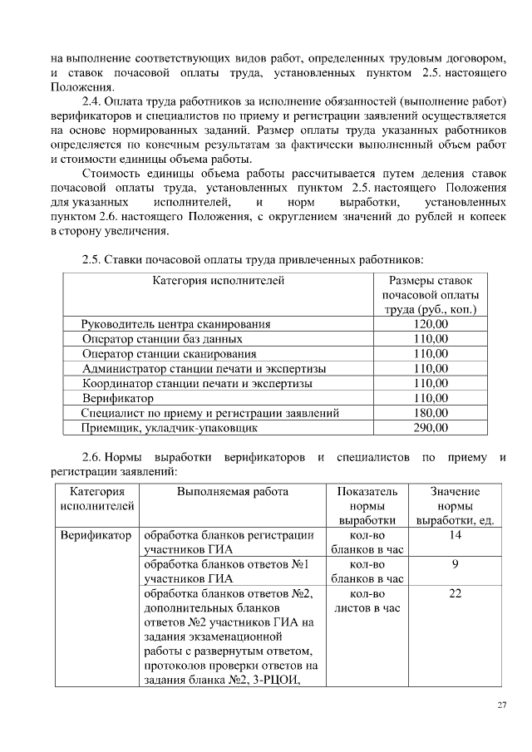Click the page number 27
coord(501,705)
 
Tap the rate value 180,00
coord(431,413)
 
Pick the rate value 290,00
coord(431,428)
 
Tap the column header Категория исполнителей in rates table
coord(219,281)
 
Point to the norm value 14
coord(455,536)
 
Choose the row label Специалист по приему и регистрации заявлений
coord(210,413)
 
